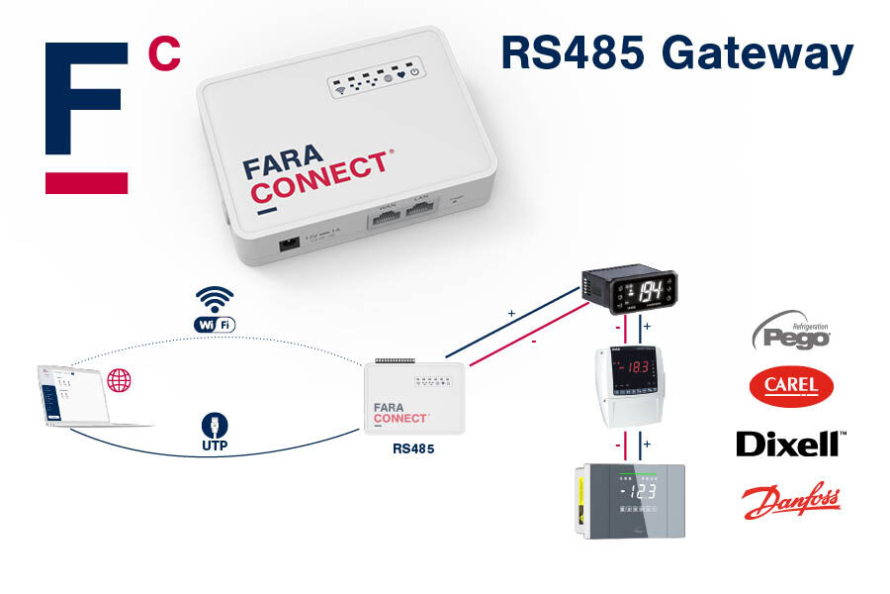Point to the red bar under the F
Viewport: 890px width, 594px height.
(x=86, y=183)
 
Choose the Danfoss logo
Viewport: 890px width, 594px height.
(x=790, y=500)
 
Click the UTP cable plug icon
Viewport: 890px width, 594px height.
(x=215, y=426)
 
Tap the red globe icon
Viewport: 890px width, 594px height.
(x=119, y=379)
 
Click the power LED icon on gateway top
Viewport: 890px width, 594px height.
(x=414, y=71)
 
